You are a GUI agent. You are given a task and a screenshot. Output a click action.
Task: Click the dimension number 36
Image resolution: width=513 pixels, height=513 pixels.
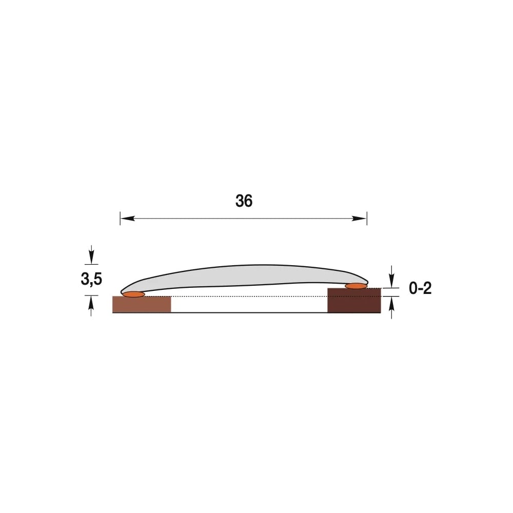pyautogui.click(x=244, y=201)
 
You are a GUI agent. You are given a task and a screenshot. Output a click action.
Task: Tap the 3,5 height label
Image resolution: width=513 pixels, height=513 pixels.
pyautogui.click(x=91, y=279)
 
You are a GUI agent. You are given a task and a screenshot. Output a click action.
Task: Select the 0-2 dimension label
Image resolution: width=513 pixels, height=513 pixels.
pyautogui.click(x=420, y=288)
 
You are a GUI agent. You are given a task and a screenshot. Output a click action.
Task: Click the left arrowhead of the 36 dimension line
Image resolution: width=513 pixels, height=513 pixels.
pyautogui.click(x=128, y=218)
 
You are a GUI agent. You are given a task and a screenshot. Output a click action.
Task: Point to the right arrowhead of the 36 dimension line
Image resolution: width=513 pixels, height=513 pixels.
pyautogui.click(x=359, y=219)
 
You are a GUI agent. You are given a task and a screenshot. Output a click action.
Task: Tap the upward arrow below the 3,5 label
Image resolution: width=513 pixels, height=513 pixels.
pyautogui.click(x=91, y=306)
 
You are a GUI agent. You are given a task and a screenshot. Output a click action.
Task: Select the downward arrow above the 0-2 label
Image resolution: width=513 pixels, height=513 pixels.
pyautogui.click(x=392, y=277)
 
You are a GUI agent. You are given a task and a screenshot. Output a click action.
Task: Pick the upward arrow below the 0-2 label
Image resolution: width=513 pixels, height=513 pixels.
pyautogui.click(x=391, y=307)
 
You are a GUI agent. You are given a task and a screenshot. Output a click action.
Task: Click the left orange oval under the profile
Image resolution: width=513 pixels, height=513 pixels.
pyautogui.click(x=133, y=294)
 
